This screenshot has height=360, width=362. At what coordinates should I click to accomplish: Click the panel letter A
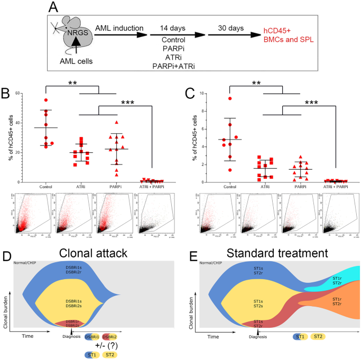54,8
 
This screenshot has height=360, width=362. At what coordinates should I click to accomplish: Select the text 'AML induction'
119,27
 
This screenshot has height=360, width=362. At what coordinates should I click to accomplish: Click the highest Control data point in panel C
230,98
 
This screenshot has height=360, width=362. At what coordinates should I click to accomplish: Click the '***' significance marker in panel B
128,104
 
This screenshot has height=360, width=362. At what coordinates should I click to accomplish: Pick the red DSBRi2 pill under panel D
110,336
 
